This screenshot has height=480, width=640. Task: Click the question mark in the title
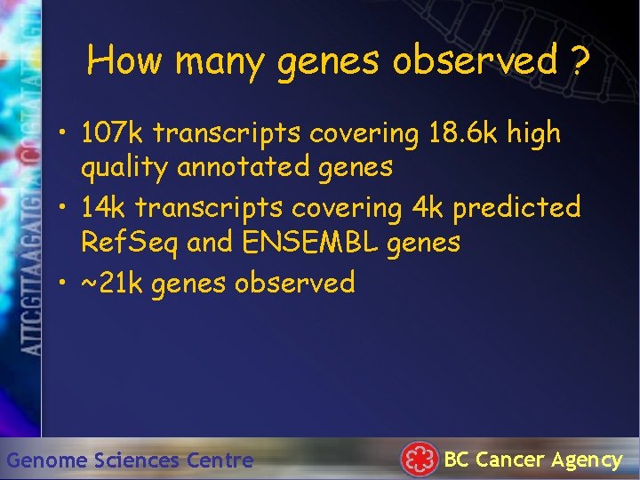pyautogui.click(x=580, y=61)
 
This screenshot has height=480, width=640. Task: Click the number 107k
pyautogui.click(x=112, y=133)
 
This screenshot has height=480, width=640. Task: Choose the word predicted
pyautogui.click(x=516, y=208)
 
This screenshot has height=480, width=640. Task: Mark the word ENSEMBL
pyautogui.click(x=316, y=242)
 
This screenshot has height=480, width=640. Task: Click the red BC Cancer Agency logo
pyautogui.click(x=420, y=459)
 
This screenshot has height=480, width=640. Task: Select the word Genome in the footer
pyautogui.click(x=47, y=460)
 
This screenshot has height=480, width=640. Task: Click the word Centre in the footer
pyautogui.click(x=220, y=460)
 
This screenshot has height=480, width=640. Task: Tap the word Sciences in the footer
pyautogui.click(x=138, y=460)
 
